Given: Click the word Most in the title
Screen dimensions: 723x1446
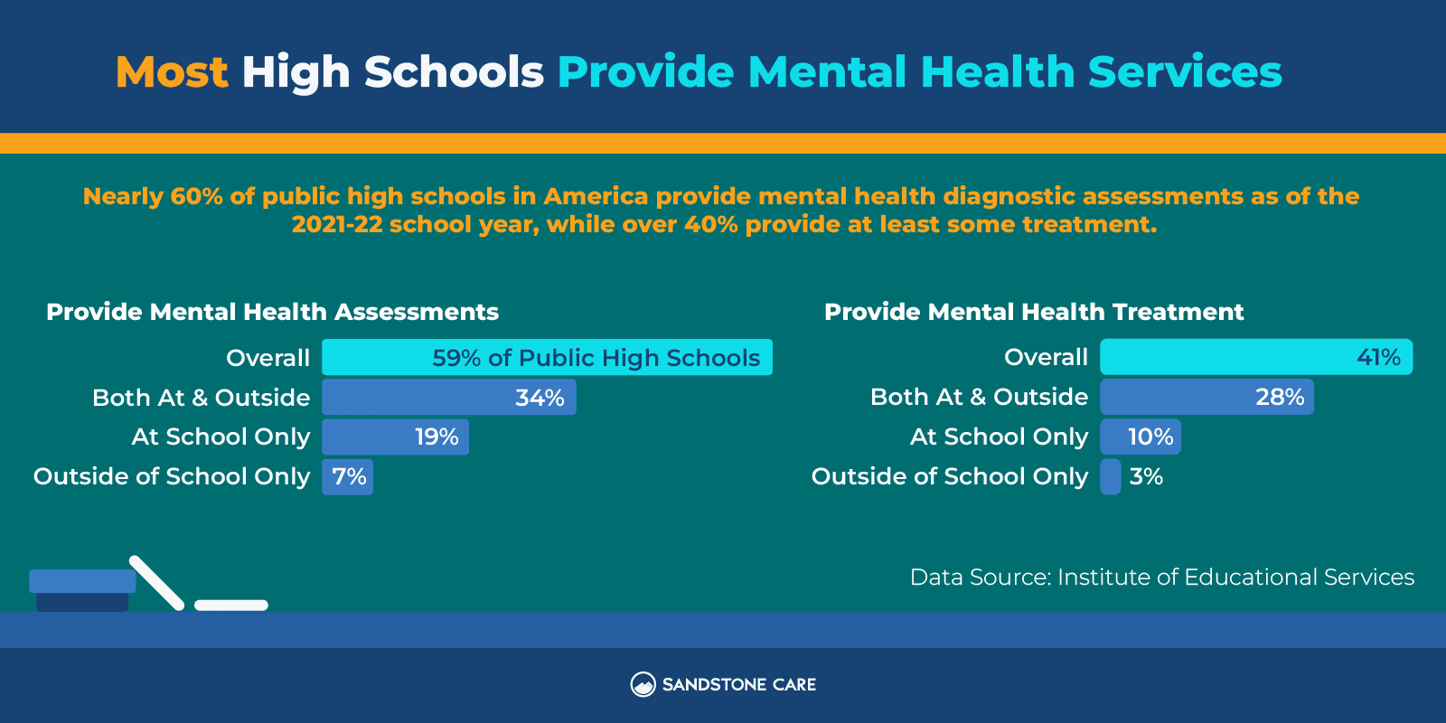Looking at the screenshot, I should coord(172,72).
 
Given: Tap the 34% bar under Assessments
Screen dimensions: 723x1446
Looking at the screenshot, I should coord(448,398).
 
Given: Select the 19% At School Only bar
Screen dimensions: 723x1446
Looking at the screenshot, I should coord(395,437).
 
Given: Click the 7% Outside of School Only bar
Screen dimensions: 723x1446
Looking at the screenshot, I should coord(348,477).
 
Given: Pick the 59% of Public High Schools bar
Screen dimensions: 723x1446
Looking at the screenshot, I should coord(547,358).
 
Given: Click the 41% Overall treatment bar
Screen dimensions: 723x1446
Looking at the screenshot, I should coord(1255,358).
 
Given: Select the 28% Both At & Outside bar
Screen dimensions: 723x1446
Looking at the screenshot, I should coord(1206,398).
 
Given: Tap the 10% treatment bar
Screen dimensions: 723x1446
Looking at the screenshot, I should coord(1140,437).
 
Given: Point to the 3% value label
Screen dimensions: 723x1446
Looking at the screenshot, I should coord(1146,477).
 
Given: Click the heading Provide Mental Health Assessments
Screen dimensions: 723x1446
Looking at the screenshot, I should coord(272,312).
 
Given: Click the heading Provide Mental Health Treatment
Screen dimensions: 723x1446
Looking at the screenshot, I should coord(1034,312).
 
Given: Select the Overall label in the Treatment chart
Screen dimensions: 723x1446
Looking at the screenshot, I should coord(1046,358).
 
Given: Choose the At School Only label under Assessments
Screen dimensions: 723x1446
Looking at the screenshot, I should coord(221,437).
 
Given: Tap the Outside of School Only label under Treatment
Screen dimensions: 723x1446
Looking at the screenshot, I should coord(949,477).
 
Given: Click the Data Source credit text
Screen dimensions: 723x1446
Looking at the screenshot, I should coord(1161,577).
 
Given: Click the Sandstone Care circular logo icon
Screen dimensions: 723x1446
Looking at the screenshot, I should coord(643,684).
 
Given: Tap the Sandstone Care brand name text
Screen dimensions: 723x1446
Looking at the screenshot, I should coord(738,685).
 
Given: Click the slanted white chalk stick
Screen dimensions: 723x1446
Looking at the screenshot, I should coord(156,582).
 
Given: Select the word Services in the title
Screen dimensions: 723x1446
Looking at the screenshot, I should coord(1185,72).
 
